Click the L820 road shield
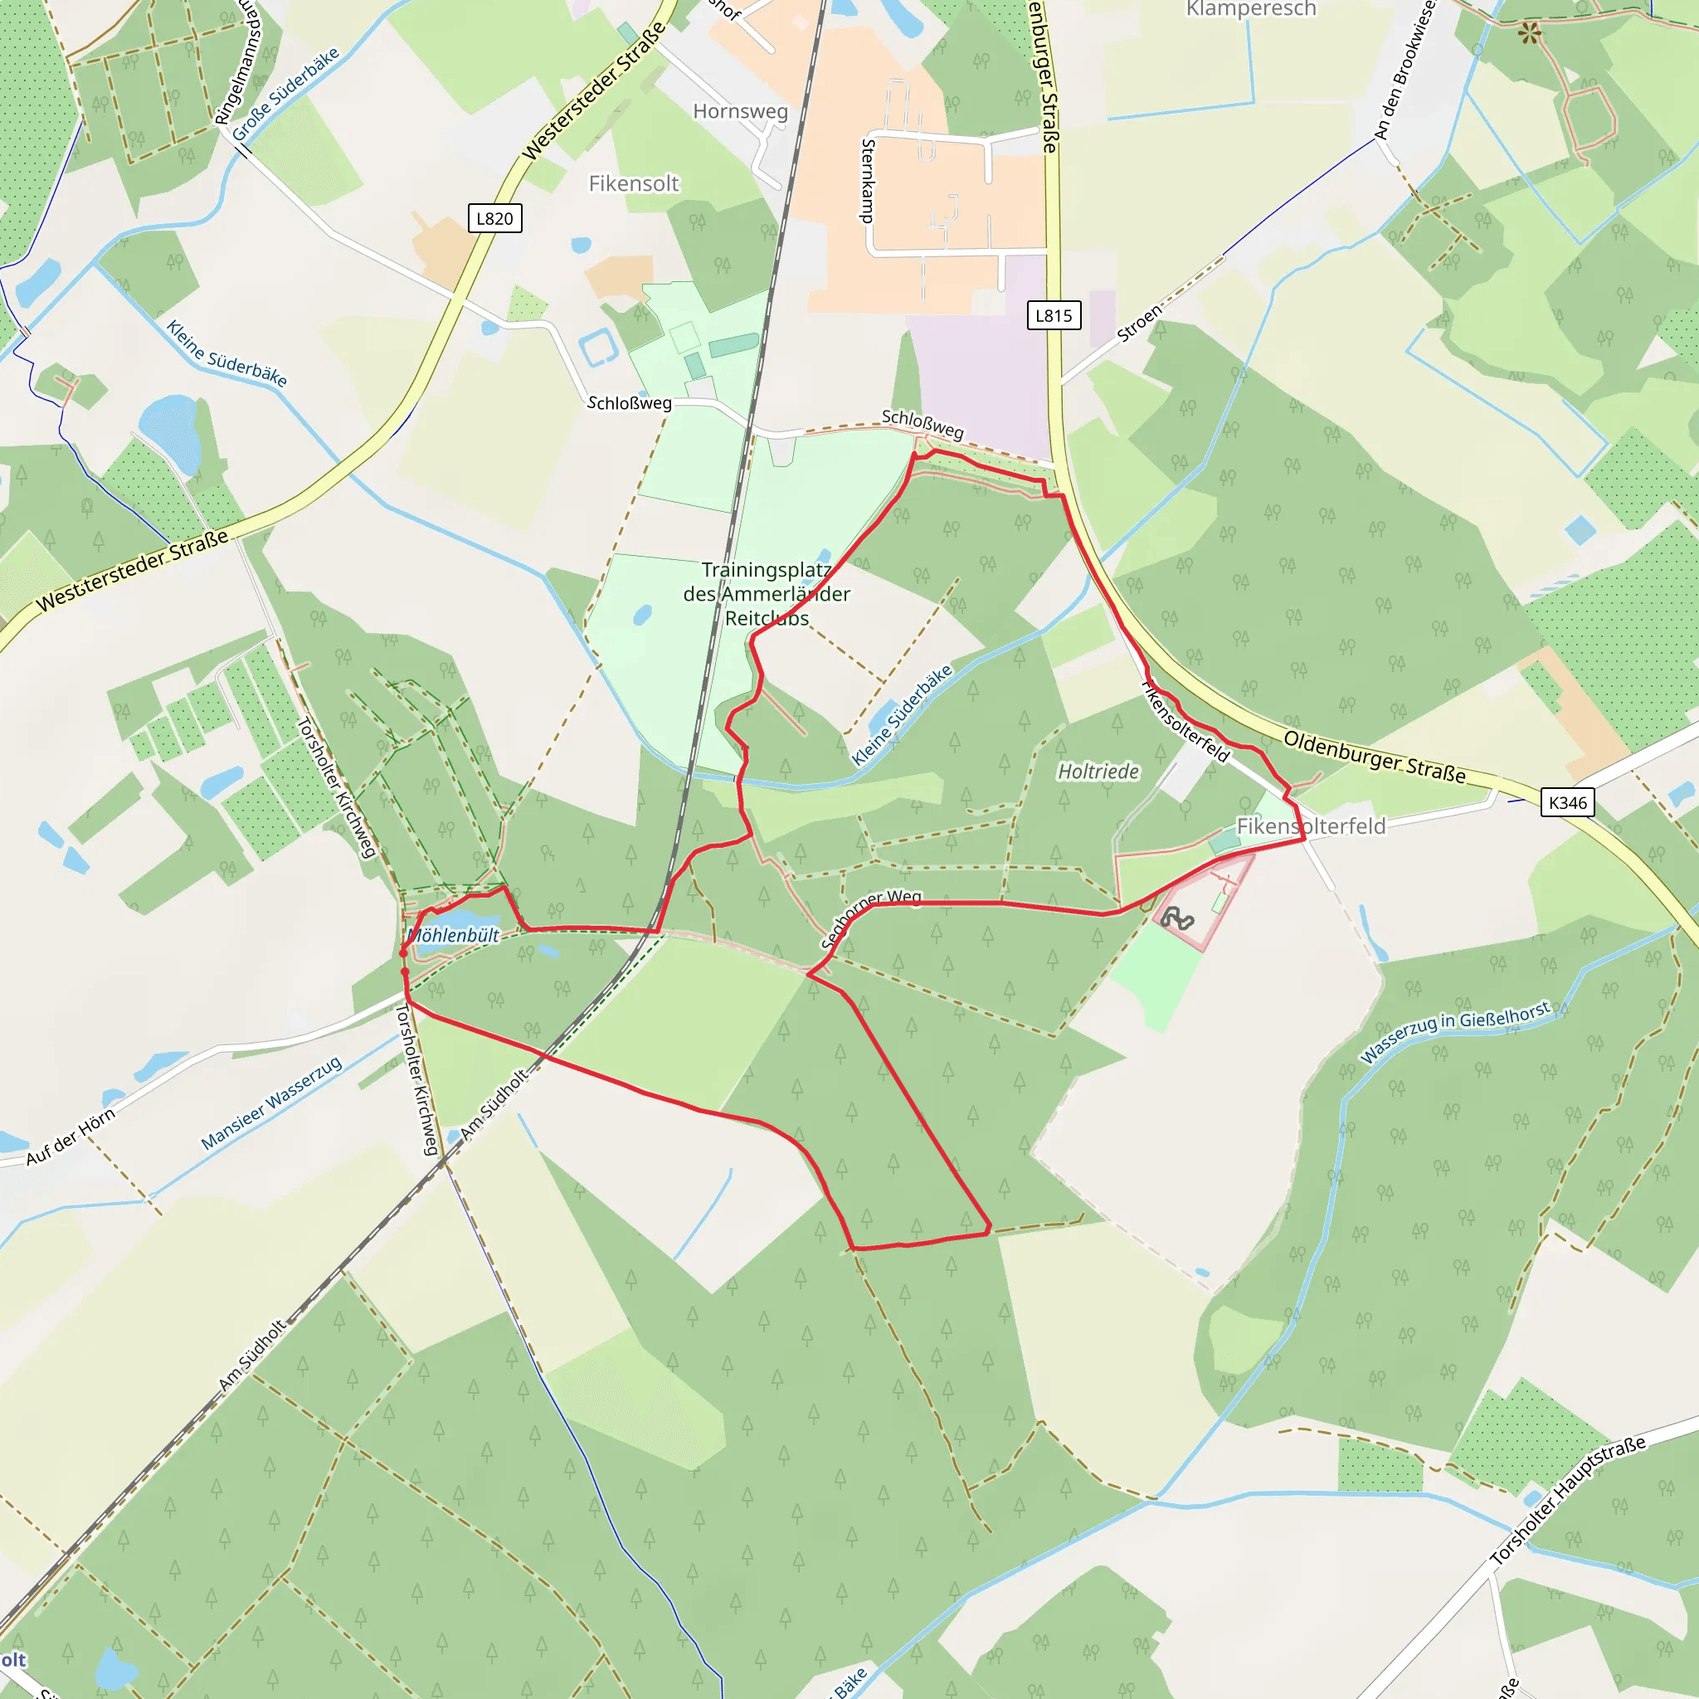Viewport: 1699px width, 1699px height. pos(494,218)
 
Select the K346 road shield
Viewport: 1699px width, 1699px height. pos(1568,802)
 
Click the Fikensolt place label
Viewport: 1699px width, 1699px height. pos(634,184)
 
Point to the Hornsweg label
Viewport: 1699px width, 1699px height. pos(741,112)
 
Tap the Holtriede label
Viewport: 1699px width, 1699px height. pos(1098,772)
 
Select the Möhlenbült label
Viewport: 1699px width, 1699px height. pos(454,935)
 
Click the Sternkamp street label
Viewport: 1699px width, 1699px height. pos(868,180)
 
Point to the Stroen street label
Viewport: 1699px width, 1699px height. pos(1140,323)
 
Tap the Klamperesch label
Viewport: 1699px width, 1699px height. pos(1251,9)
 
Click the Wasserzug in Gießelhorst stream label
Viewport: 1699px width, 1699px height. pos(1454,1031)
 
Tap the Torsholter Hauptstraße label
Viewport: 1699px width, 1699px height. pos(1567,1500)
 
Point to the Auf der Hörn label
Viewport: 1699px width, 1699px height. pos(71,1137)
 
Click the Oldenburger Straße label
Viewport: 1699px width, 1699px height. pos(1375,757)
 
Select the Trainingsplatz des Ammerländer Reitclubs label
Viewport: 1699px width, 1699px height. pos(767,594)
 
